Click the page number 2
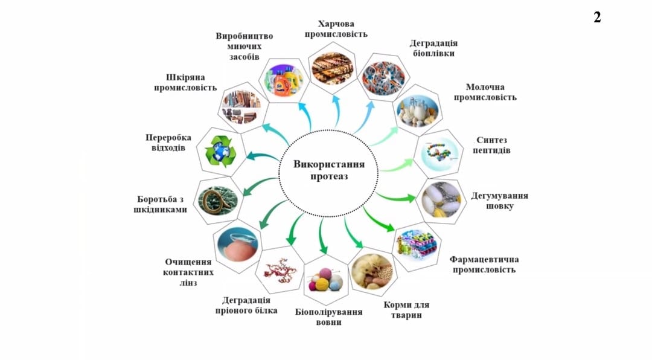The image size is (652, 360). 597,18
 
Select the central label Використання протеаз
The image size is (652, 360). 328,170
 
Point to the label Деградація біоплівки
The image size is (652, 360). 433,48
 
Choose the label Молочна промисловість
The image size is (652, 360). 485,92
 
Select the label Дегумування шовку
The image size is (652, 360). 499,201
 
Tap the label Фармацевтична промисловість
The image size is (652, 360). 484,265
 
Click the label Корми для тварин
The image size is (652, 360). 406,310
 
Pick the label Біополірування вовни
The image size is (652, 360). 328,317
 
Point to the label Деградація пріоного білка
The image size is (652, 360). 246,306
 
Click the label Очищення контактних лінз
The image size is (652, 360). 188,272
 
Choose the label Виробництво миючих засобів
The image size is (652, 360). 244,47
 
